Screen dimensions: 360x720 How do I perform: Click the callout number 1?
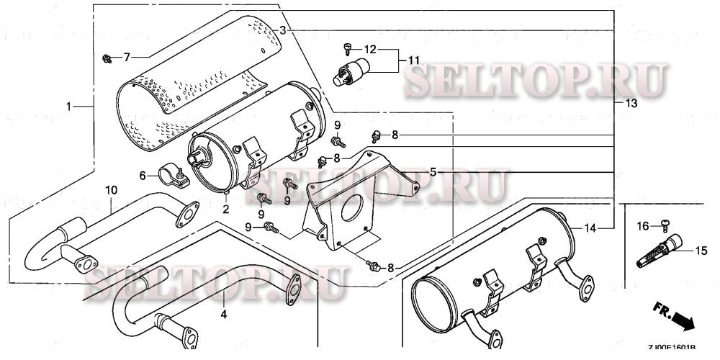pos(70,107)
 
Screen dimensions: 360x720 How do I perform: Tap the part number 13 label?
pos(631,104)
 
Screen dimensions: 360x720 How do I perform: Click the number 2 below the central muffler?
pos(225,210)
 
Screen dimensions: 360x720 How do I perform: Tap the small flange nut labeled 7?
pos(107,56)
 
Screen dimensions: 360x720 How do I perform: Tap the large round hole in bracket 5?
pos(348,208)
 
